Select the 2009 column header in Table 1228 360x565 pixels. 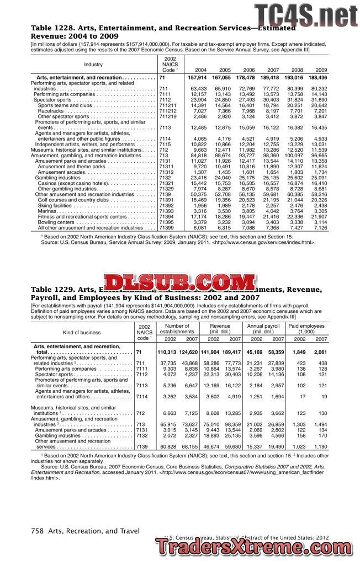coord(321,70)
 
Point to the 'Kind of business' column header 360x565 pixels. coord(82,333)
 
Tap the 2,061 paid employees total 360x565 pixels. coord(320,352)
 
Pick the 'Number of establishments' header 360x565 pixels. coord(176,329)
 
